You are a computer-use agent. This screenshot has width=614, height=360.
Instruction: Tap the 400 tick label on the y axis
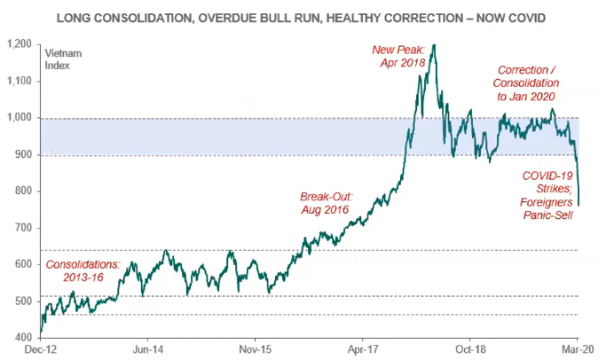26,338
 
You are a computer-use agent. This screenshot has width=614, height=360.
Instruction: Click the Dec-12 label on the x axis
42,350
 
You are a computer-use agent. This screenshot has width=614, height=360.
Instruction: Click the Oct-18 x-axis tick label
469,350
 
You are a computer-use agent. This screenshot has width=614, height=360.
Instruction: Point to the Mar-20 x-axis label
578,350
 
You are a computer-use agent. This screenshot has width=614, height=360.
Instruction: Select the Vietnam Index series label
63,59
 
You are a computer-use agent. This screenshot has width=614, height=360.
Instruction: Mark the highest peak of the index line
433,44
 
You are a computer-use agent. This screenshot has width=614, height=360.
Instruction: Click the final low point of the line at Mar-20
578,205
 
